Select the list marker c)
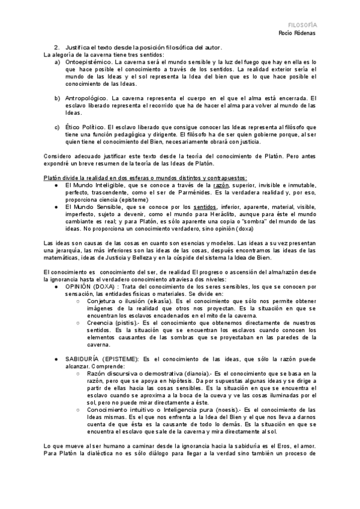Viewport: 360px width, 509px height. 57,127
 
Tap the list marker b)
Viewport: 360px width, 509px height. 57,98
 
